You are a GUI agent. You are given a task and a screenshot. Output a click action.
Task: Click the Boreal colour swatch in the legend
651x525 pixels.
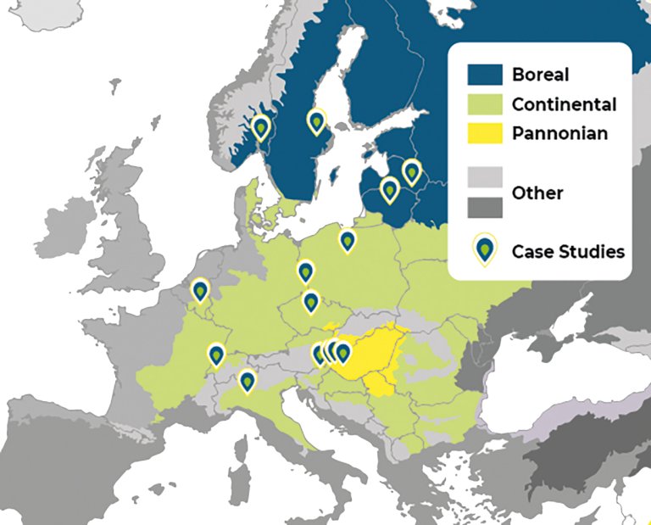485,75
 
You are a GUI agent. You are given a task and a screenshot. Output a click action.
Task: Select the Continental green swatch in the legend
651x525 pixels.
485,104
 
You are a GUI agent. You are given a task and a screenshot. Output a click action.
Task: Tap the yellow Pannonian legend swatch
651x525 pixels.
485,133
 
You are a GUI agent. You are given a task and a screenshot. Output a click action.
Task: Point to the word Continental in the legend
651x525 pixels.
564,104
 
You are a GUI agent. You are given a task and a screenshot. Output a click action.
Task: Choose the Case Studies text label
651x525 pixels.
568,251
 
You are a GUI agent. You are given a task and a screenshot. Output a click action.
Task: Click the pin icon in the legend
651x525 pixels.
485,250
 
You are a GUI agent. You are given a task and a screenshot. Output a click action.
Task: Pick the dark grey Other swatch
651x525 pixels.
485,207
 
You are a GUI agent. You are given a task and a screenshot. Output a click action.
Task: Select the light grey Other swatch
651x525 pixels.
485,178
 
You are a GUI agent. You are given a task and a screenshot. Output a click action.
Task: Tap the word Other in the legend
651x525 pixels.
537,193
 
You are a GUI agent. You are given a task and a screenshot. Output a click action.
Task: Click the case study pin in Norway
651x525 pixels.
261,128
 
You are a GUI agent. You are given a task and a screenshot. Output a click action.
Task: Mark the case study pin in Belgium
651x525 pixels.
200,291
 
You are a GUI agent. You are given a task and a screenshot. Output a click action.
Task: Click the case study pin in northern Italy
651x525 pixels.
247,382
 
